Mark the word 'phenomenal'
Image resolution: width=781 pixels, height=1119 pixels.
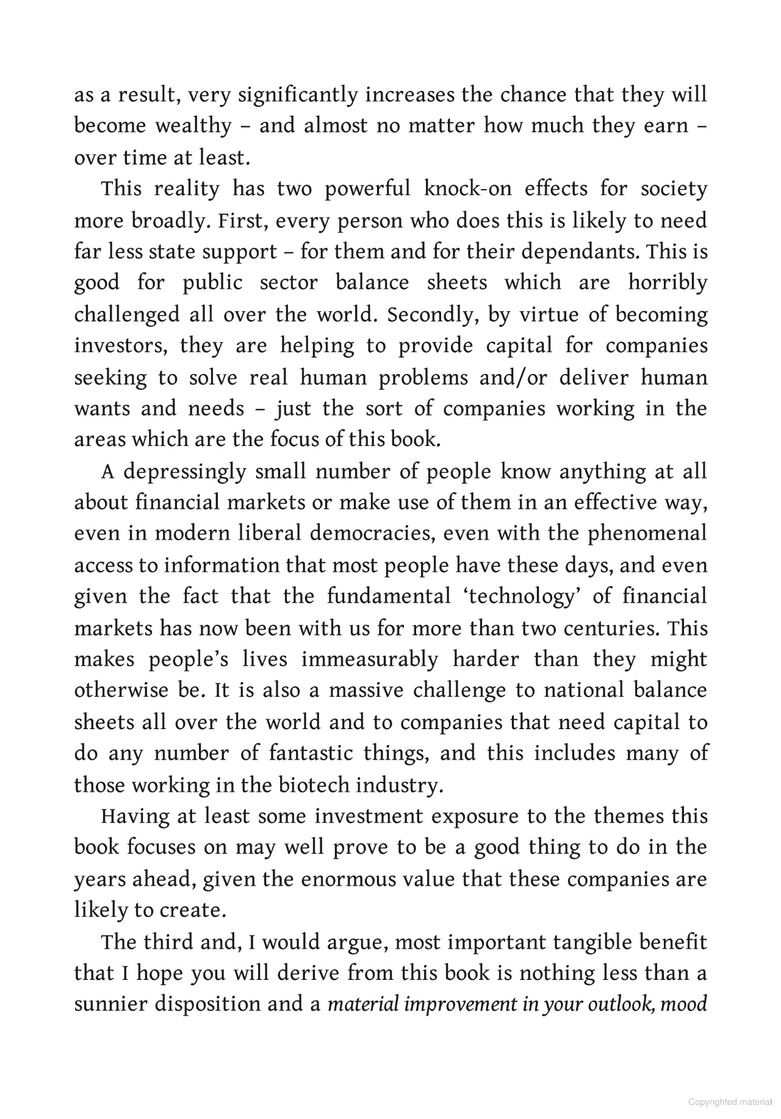pyautogui.click(x=647, y=534)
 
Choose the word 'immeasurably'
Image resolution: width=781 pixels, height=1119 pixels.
pyautogui.click(x=370, y=660)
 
